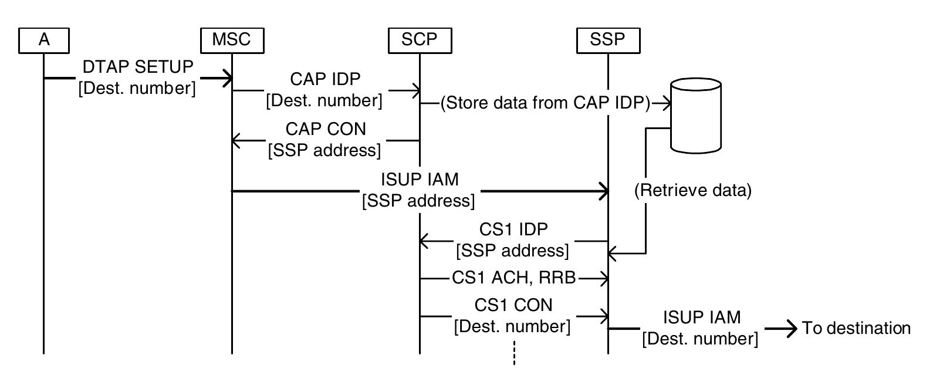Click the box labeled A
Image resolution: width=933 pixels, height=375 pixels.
[x=43, y=40]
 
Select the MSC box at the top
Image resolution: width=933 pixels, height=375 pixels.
[x=231, y=40]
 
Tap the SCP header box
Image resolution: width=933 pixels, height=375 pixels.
[x=420, y=40]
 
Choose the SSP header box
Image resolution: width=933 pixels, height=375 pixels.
[x=607, y=40]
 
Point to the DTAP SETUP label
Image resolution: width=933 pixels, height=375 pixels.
[x=138, y=67]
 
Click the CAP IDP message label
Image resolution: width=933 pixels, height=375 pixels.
[x=325, y=79]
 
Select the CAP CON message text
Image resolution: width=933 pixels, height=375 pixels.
[x=325, y=129]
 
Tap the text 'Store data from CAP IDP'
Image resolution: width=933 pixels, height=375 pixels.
[x=545, y=103]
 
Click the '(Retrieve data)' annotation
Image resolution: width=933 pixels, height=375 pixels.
[x=692, y=191]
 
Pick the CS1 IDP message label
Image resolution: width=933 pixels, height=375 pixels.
[x=513, y=229]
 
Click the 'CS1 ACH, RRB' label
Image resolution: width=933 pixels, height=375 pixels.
[x=513, y=278]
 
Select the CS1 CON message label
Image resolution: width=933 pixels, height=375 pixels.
[x=513, y=305]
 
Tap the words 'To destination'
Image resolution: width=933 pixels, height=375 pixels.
[x=856, y=328]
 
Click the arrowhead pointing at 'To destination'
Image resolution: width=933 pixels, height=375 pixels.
[x=792, y=328]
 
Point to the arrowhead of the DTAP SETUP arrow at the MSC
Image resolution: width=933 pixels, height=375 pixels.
[x=227, y=77]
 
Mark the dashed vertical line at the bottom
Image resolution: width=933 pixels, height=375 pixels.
[x=514, y=352]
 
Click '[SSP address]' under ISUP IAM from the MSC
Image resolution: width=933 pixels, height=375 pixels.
[x=418, y=201]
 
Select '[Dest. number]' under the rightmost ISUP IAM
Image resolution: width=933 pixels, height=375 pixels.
[x=700, y=339]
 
